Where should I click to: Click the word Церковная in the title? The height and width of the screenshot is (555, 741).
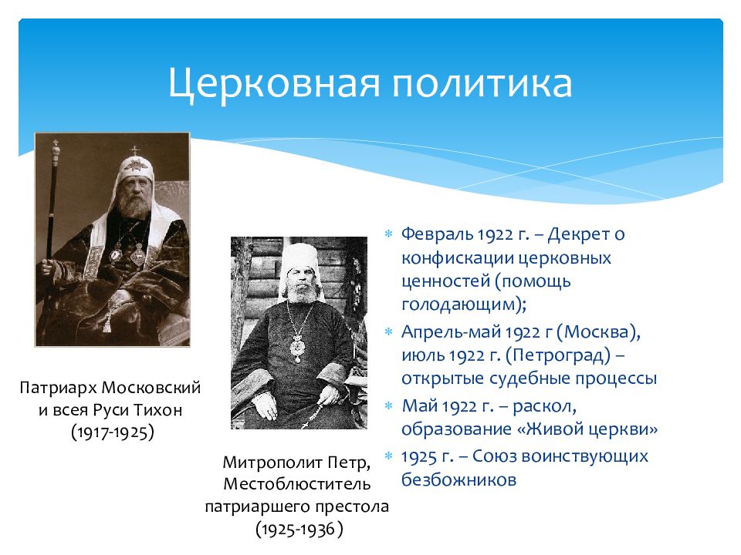click(274, 83)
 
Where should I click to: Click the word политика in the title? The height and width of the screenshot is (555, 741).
click(482, 83)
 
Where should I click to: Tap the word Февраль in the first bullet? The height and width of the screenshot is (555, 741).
click(438, 234)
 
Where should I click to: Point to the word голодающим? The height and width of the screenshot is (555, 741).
click(461, 304)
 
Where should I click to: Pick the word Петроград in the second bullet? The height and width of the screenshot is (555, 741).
click(557, 355)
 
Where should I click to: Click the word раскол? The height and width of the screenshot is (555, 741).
click(544, 406)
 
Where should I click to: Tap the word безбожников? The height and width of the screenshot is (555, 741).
click(458, 479)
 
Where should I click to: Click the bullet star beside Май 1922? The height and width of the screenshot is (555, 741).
click(388, 405)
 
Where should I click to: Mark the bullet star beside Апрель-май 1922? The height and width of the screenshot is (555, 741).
click(388, 331)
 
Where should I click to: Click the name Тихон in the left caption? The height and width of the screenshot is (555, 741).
click(157, 409)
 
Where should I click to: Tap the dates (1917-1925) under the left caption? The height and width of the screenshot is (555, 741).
click(113, 432)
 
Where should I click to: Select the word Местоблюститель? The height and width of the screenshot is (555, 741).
click(296, 484)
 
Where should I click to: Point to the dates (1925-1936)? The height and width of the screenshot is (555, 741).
click(299, 529)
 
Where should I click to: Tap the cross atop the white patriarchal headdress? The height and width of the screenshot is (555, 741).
click(135, 151)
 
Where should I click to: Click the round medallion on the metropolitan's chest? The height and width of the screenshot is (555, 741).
click(297, 347)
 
